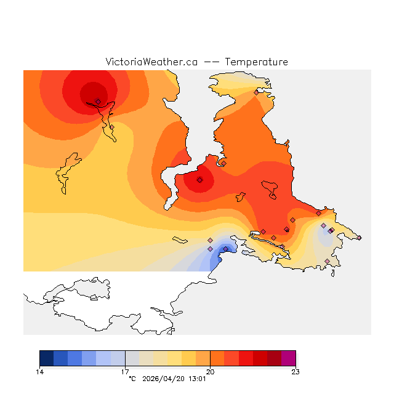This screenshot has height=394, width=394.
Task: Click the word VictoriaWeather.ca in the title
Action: [151, 62]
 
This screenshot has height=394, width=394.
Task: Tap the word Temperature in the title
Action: [256, 62]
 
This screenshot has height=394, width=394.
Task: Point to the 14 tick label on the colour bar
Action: [39, 371]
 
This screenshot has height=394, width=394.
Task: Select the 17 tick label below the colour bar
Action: [125, 371]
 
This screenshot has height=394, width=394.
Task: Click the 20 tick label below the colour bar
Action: [210, 371]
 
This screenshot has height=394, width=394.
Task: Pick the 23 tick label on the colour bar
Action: [295, 371]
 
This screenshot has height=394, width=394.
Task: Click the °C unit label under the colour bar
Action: [132, 379]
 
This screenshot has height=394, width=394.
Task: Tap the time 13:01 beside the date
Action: [197, 379]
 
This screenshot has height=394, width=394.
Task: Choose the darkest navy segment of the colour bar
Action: [46, 358]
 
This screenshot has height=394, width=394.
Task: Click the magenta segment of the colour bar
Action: [288, 358]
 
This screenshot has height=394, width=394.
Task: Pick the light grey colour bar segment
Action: [132, 358]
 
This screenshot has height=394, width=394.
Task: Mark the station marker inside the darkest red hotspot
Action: [98, 102]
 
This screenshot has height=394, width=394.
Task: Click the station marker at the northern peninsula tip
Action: [256, 92]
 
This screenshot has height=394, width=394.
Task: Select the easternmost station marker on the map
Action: [360, 238]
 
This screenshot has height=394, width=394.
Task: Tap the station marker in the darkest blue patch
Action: [225, 249]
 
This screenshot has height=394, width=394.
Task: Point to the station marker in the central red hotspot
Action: [199, 180]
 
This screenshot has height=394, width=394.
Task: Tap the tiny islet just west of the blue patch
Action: [180, 239]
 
